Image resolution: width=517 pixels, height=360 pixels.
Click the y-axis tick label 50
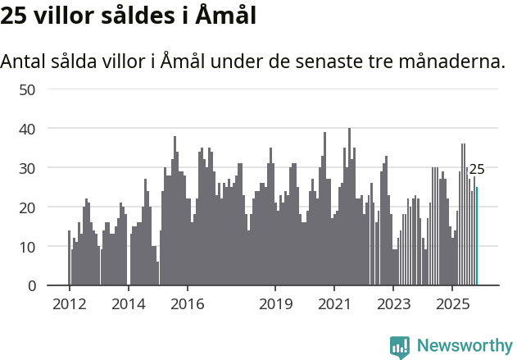[x=27, y=89]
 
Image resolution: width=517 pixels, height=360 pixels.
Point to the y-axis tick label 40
[x=27, y=129]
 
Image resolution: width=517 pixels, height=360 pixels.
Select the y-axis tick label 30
[x=27, y=168]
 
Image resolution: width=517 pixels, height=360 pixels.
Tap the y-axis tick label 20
[x=27, y=207]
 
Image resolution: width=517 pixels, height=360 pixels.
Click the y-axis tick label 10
[x=27, y=247]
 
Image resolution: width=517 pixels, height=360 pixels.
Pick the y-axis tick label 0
[x=32, y=286]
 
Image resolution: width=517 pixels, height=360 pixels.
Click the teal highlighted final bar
[x=477, y=237]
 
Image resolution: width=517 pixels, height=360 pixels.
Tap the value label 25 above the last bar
[x=477, y=170]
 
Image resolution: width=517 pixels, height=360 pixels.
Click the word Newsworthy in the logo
[x=465, y=345]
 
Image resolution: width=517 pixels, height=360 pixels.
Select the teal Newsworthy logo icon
[x=400, y=346]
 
